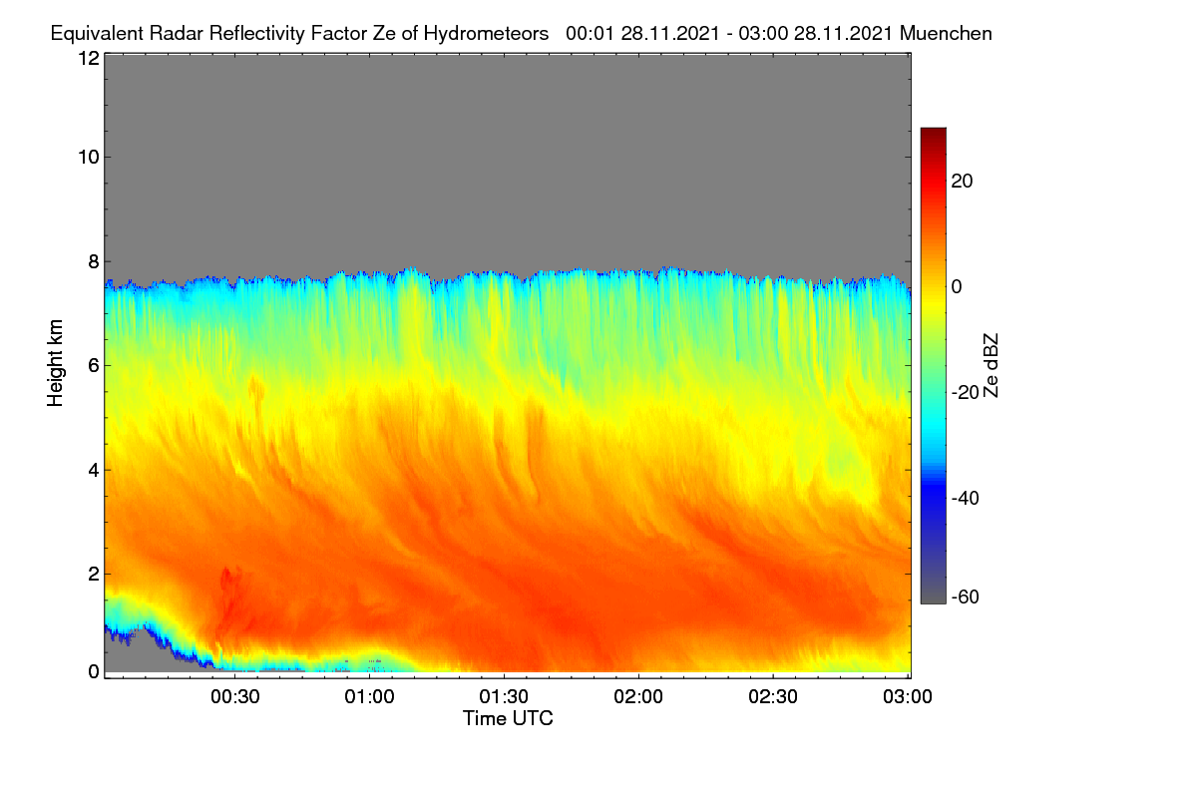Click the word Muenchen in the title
946,33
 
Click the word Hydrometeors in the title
486,34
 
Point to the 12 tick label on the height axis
89,58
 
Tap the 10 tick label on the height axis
89,157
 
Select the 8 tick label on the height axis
94,261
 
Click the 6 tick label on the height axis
94,366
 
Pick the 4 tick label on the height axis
94,470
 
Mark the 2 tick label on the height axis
94,574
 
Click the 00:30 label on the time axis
235,696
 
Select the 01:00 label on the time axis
370,696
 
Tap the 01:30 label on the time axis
504,696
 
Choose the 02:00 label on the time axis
638,696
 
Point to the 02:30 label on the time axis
773,696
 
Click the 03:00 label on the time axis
908,696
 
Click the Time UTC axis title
508,718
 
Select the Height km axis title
55,363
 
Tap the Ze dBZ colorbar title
991,366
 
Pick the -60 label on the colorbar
966,598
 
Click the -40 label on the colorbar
966,498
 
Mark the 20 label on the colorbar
962,182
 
